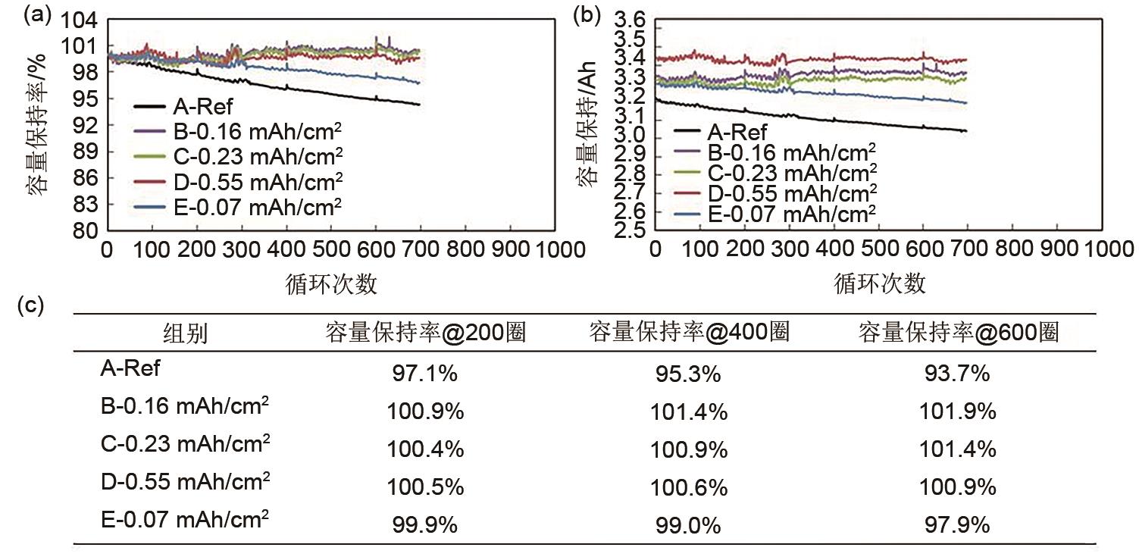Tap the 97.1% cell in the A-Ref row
tap(425, 374)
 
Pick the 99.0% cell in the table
tap(689, 526)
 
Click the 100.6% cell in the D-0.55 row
tap(689, 488)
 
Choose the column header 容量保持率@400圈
tap(689, 332)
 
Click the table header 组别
tap(186, 333)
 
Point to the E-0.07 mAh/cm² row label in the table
tap(185, 520)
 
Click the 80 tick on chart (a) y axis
tap(86, 231)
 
